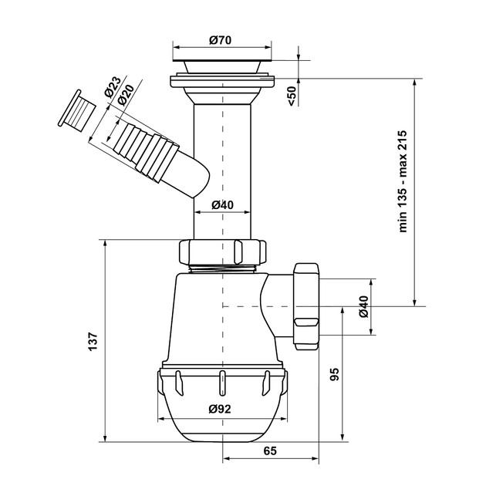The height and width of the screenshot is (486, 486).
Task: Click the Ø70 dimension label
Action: coord(221,40)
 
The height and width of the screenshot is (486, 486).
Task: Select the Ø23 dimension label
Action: coord(112,86)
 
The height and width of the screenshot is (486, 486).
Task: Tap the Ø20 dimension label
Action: coord(126,95)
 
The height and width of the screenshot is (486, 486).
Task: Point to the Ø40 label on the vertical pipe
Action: coord(222,205)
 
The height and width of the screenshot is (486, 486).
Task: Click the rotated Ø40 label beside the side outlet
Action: coord(363,306)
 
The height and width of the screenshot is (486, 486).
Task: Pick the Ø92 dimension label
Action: coord(220,409)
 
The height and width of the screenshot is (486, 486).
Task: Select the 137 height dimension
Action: coord(93,342)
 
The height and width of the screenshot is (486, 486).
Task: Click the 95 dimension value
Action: coord(335,374)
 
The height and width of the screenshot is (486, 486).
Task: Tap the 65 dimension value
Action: coord(270,451)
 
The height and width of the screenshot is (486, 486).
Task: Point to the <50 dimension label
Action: coord(292,96)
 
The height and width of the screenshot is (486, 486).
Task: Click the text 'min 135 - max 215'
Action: coord(403,181)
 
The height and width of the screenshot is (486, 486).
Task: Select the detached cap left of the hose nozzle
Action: coord(76,111)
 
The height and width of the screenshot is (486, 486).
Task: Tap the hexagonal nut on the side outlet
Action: coord(306,306)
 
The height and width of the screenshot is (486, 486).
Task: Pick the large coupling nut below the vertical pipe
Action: coord(222,252)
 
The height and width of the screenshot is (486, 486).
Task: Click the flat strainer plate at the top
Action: coord(222,59)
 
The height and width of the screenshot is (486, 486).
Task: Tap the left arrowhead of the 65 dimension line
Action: coord(227,458)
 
